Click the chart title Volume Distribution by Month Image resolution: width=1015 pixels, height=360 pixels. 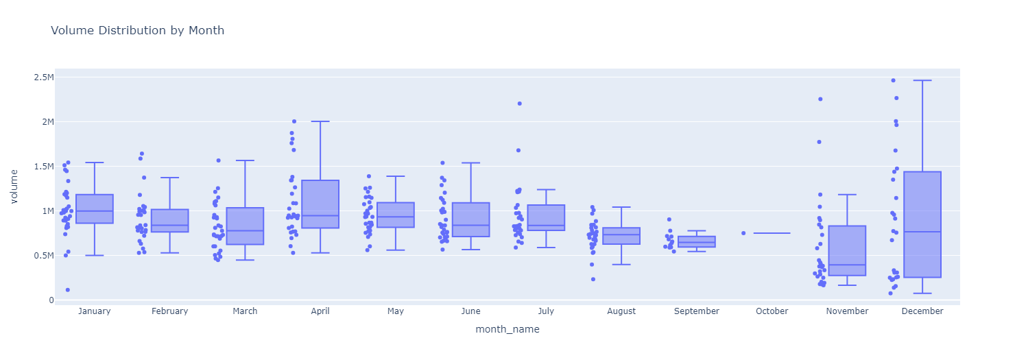tap(137, 31)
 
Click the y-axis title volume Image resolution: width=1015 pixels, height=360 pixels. tap(14, 187)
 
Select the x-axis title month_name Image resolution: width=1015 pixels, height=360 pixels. tap(508, 330)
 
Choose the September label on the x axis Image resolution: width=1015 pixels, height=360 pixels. tap(696, 311)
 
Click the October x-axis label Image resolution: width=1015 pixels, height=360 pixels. tap(772, 311)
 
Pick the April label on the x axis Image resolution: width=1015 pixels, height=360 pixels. tap(320, 311)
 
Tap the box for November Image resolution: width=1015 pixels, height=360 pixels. tap(847, 250)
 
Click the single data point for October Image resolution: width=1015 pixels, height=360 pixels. tap(743, 233)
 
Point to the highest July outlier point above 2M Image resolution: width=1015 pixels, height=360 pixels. tap(519, 104)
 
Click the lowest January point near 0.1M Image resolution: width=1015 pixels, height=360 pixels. tap(67, 289)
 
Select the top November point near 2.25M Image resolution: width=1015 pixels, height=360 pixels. tap(820, 99)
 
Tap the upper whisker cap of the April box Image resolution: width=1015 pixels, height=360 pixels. tap(320, 121)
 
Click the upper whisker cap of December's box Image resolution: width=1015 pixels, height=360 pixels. tap(922, 80)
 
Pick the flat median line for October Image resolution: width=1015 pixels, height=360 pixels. tap(772, 233)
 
